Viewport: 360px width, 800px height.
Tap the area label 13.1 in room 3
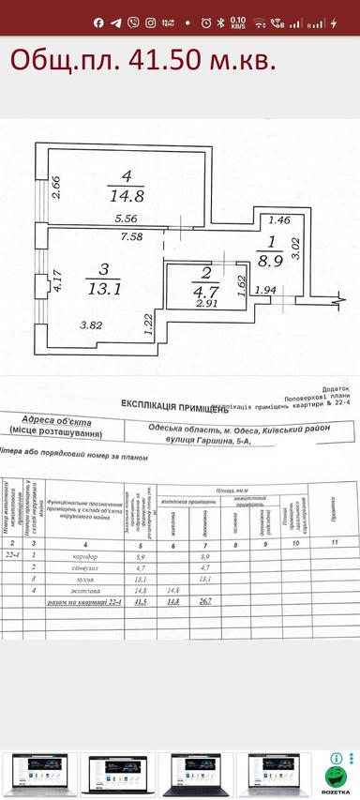[104, 289]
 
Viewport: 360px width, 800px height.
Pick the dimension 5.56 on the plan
[126, 219]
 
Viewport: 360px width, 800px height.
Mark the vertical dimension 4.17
[58, 281]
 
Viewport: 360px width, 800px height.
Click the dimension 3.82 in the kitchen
[91, 325]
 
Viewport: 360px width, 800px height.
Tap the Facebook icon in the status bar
[98, 22]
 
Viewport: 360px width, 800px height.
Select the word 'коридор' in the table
[83, 556]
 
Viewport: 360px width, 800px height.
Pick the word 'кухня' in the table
[83, 579]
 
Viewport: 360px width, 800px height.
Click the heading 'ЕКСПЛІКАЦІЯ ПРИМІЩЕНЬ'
[174, 404]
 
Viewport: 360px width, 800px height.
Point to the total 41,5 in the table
[139, 603]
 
